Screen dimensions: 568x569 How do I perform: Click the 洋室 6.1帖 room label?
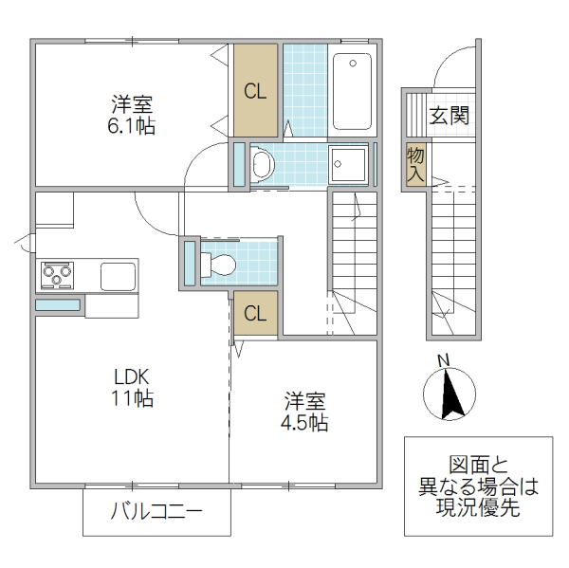[132, 113]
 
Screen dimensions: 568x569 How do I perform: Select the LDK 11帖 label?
[130, 386]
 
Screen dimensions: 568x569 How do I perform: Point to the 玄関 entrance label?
[449, 116]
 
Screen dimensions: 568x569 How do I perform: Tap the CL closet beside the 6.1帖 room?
[255, 91]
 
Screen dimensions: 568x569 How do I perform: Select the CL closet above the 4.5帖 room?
[255, 314]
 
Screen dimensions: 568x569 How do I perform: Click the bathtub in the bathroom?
[352, 91]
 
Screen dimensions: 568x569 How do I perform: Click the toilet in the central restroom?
[217, 263]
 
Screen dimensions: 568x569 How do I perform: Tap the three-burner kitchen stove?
[57, 277]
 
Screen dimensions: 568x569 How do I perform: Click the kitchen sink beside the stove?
[119, 277]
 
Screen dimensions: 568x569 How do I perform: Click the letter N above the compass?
[442, 359]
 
